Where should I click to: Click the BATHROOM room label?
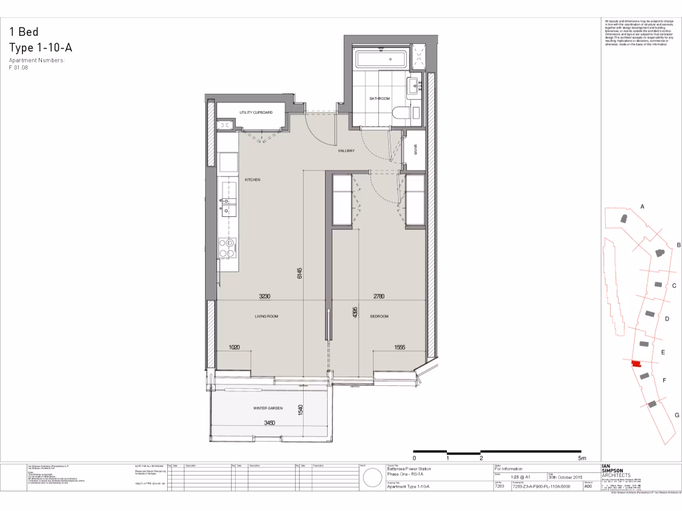point(380,98)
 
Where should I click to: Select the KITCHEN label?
point(252,180)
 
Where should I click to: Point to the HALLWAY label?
point(346,151)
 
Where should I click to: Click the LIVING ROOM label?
point(266,317)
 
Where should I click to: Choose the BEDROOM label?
point(380,317)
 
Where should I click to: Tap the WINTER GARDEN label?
point(268,408)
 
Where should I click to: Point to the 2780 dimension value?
point(379,297)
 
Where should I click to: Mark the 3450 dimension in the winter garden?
point(270,423)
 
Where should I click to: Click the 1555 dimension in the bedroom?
point(400,347)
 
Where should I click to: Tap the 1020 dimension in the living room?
point(234,347)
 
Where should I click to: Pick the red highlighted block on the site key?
point(635,363)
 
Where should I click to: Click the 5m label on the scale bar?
point(581,458)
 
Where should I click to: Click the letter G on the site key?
point(677,415)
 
